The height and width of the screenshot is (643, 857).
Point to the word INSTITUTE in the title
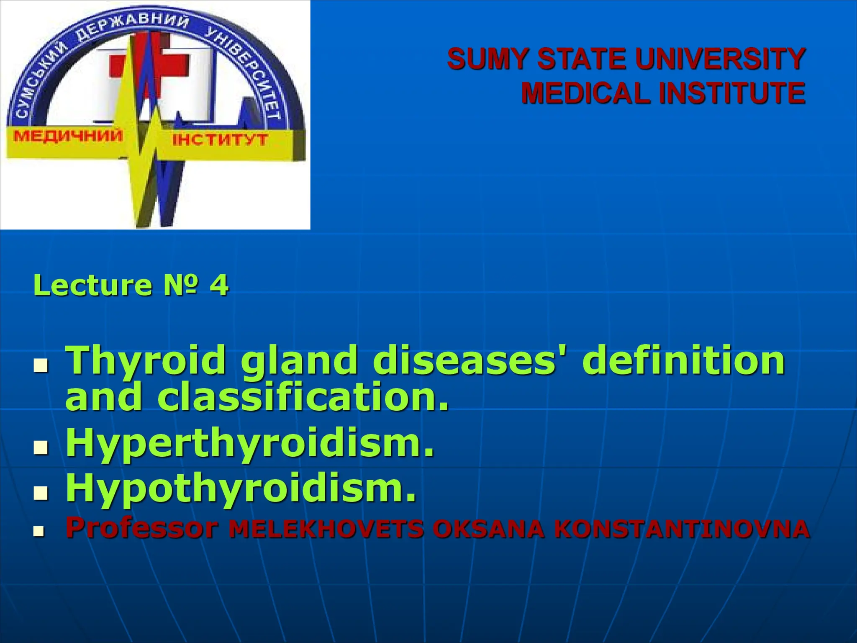pos(732,93)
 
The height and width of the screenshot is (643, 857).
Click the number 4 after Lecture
pos(219,285)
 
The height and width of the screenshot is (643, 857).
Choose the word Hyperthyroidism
pos(250,445)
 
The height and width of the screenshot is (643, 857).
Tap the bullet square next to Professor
pos(39,531)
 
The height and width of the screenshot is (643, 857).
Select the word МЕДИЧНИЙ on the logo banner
pos(68,136)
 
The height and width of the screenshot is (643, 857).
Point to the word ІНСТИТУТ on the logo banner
pos(220,139)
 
